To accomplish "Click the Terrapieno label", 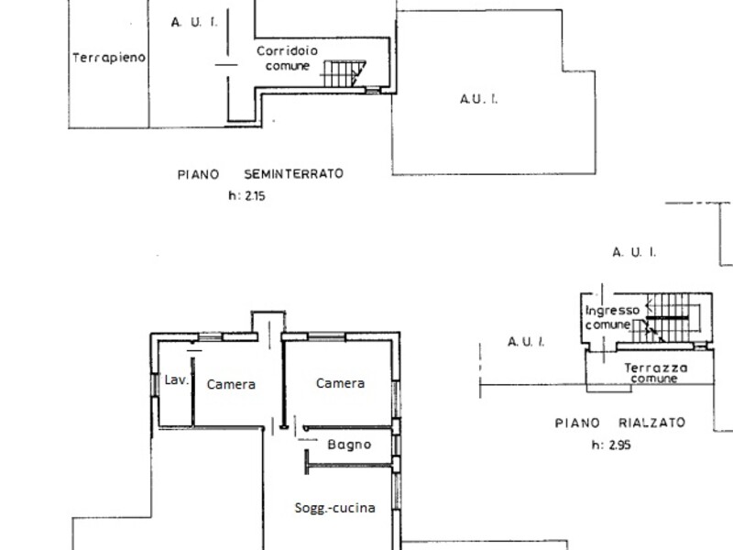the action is click(x=109, y=58).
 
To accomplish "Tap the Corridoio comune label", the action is click(x=287, y=58).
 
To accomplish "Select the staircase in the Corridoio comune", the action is click(x=345, y=73).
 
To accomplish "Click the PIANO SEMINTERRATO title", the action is click(x=260, y=174).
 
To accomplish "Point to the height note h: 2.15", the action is click(x=246, y=195).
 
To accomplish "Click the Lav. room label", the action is click(x=177, y=379).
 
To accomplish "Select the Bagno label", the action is click(x=349, y=445).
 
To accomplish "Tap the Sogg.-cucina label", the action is click(x=334, y=508).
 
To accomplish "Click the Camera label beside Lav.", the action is click(x=231, y=384).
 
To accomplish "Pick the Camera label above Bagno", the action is click(x=340, y=383).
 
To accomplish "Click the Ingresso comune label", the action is click(x=612, y=317).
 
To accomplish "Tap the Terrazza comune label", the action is click(x=655, y=373).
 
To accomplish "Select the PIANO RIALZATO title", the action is click(x=620, y=423).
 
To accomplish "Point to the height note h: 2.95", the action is click(x=611, y=445).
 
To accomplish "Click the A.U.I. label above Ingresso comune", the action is click(x=634, y=253).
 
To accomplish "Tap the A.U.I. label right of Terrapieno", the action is click(x=194, y=22).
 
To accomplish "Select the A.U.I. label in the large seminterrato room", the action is click(x=479, y=99).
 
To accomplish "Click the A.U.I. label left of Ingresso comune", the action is click(x=526, y=342).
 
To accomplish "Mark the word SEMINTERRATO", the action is click(x=293, y=174).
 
